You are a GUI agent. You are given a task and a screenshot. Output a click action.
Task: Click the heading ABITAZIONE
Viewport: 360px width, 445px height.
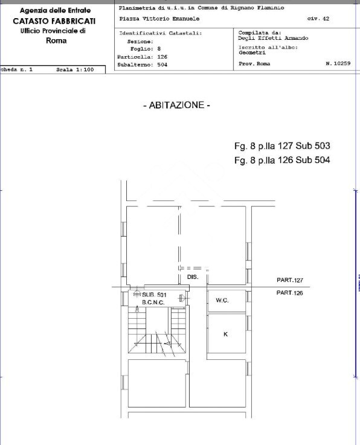tap(176, 105)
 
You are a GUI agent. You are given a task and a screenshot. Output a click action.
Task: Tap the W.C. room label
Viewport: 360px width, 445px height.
tap(222, 301)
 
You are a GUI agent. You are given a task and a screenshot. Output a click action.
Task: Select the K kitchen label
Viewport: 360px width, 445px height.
tap(225, 334)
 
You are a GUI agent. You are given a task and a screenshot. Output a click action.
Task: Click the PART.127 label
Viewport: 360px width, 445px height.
tap(289, 280)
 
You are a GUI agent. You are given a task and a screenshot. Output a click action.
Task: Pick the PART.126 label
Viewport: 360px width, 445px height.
tap(289, 293)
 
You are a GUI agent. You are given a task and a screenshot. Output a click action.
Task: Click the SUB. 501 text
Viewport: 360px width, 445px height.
tap(154, 295)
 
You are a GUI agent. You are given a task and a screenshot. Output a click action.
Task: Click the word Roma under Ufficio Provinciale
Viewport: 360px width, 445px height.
tap(56, 40)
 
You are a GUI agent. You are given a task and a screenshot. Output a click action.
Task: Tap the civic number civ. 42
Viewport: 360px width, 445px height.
tap(318, 19)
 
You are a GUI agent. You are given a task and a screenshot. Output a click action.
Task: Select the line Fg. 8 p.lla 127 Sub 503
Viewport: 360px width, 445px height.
tap(282, 146)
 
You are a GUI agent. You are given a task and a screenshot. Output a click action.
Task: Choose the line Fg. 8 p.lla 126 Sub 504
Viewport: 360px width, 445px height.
tap(282, 160)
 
